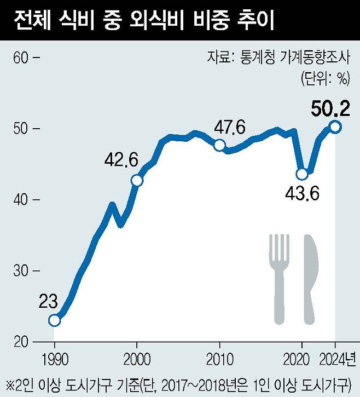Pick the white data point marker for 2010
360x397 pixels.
(x=219, y=145)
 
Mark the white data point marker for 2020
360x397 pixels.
(x=301, y=174)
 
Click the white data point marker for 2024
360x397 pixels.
(x=335, y=127)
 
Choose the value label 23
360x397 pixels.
(x=49, y=302)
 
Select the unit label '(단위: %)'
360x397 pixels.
(x=324, y=78)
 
